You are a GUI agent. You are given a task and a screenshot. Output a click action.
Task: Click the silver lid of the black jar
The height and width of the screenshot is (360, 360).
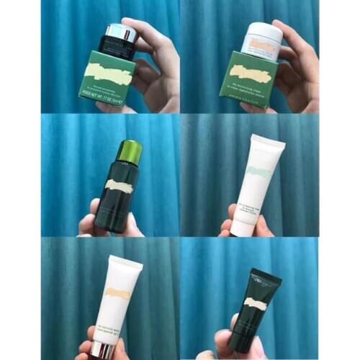point(120,32)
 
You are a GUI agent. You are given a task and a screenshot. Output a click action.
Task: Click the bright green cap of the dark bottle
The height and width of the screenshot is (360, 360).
point(130,151)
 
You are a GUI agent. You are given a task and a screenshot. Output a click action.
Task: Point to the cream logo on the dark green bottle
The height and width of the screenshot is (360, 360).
point(119,186)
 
